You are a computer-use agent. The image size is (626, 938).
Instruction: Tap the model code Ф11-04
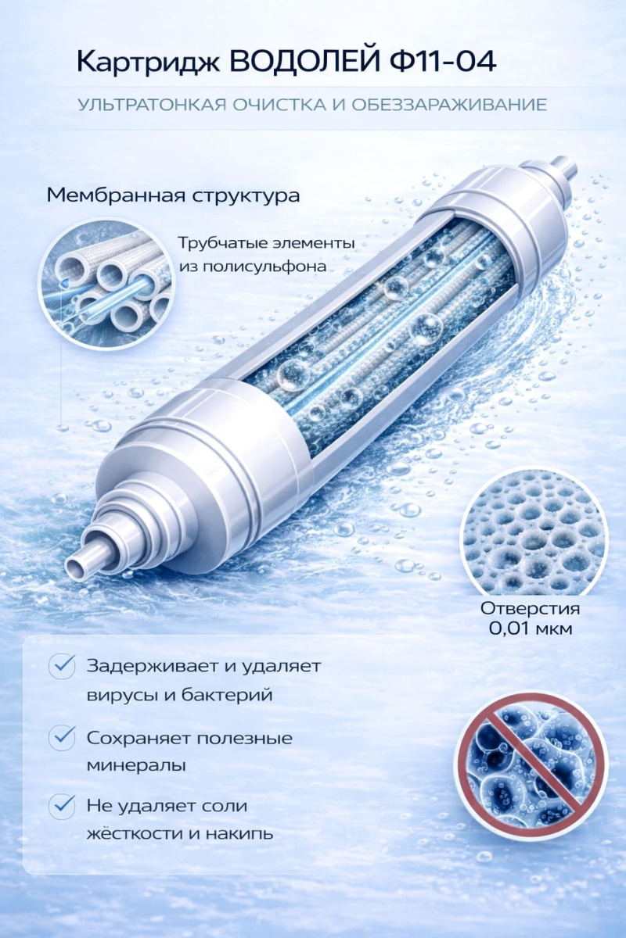tap(441, 62)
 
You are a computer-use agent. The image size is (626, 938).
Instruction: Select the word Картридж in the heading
tap(146, 62)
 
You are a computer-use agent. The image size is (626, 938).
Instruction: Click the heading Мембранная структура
tap(173, 195)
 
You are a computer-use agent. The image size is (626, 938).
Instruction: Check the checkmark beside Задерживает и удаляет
tap(62, 667)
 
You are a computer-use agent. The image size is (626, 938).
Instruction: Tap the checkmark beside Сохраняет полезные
tap(62, 737)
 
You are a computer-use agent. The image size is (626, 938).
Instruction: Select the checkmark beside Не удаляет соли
tap(62, 805)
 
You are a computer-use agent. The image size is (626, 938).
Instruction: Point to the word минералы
tap(136, 765)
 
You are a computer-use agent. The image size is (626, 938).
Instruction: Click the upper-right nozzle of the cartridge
tap(561, 168)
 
